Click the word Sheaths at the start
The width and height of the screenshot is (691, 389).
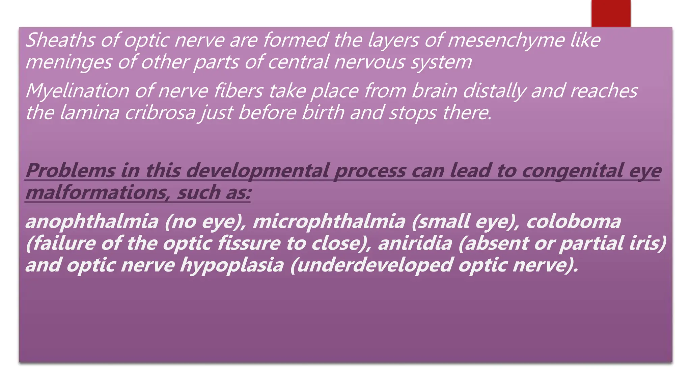click(60, 40)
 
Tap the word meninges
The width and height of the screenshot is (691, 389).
click(68, 62)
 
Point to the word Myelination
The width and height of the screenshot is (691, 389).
click(77, 91)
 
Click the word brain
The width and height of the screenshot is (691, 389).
click(434, 91)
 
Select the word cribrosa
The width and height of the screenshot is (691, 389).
click(160, 113)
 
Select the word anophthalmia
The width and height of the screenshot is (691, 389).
click(92, 222)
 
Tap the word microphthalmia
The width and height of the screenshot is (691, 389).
click(329, 222)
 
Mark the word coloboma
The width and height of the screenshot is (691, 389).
click(574, 222)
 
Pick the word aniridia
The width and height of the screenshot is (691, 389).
click(415, 243)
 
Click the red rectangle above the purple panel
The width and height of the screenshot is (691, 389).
click(611, 14)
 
